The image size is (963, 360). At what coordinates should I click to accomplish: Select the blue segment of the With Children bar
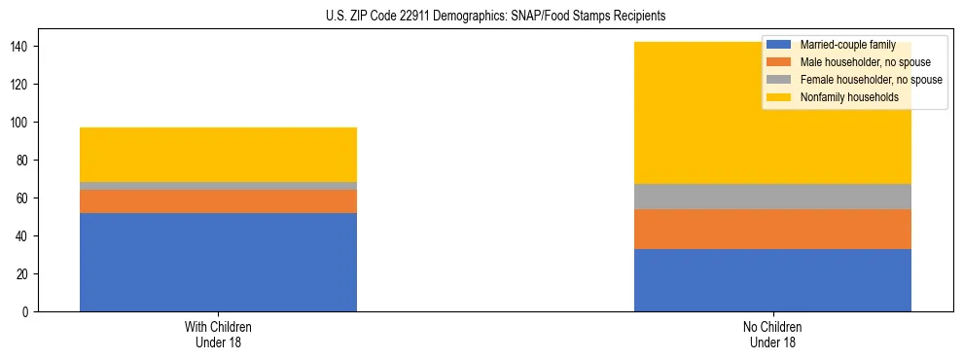pyautogui.click(x=218, y=262)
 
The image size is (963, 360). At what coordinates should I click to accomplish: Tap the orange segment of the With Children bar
pyautogui.click(x=218, y=200)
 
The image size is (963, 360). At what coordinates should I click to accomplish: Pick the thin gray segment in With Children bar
pyautogui.click(x=218, y=186)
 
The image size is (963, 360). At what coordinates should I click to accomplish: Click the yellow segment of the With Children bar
pyautogui.click(x=218, y=155)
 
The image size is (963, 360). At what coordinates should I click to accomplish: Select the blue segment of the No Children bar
pyautogui.click(x=772, y=280)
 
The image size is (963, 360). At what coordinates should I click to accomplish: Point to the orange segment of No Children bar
pyautogui.click(x=772, y=229)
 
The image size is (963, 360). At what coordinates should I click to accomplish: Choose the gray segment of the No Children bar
pyautogui.click(x=772, y=197)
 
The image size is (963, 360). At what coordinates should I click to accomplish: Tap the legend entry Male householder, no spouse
pyautogui.click(x=851, y=62)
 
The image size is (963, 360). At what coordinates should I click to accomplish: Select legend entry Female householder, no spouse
pyautogui.click(x=857, y=80)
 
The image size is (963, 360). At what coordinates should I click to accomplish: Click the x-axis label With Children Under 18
pyautogui.click(x=218, y=334)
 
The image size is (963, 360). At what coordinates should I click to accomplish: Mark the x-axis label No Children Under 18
pyautogui.click(x=772, y=334)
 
